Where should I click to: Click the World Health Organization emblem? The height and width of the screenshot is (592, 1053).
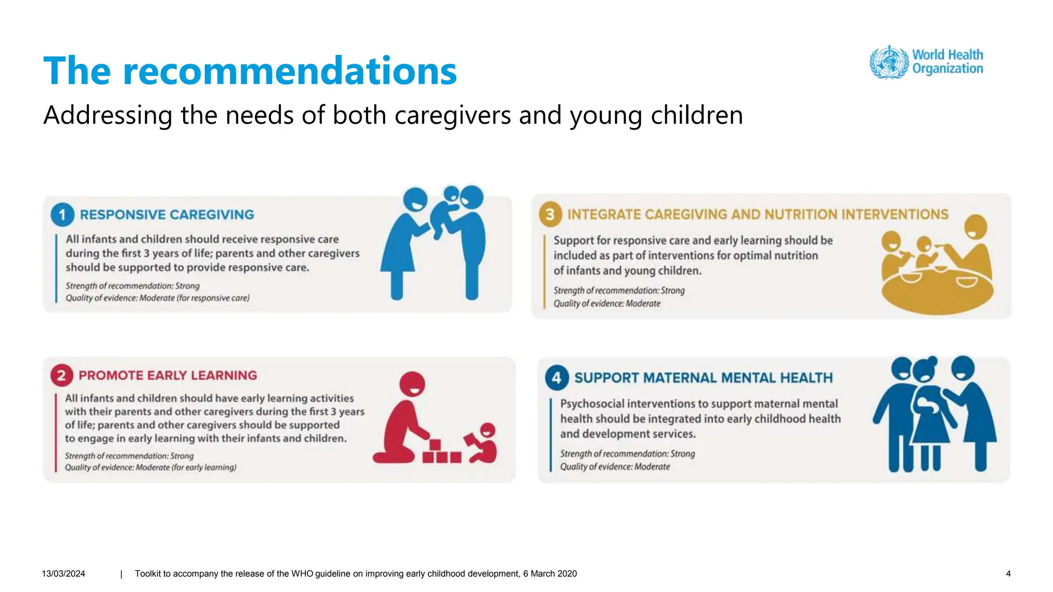pyautogui.click(x=888, y=62)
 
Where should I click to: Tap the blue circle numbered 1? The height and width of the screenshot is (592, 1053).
pyautogui.click(x=62, y=214)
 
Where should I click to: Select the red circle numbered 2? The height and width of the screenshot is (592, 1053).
pyautogui.click(x=61, y=376)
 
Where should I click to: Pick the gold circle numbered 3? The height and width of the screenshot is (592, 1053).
pyautogui.click(x=550, y=214)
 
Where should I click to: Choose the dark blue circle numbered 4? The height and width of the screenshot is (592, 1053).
pyautogui.click(x=556, y=378)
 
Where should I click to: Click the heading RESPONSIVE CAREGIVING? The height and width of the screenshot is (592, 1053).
pyautogui.click(x=167, y=215)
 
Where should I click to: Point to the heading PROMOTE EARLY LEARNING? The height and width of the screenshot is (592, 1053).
pyautogui.click(x=168, y=376)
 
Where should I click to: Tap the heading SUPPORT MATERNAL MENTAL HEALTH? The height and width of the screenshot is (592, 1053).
pyautogui.click(x=703, y=378)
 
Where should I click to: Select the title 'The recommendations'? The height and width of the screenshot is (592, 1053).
pyautogui.click(x=250, y=70)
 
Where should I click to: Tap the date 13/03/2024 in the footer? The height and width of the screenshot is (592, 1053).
pyautogui.click(x=63, y=573)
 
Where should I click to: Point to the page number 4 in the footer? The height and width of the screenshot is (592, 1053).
pyautogui.click(x=1008, y=573)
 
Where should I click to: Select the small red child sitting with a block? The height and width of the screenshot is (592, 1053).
pyautogui.click(x=483, y=445)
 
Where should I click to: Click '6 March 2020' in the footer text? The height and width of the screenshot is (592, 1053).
pyautogui.click(x=550, y=573)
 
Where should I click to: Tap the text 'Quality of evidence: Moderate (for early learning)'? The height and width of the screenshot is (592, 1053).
pyautogui.click(x=151, y=468)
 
